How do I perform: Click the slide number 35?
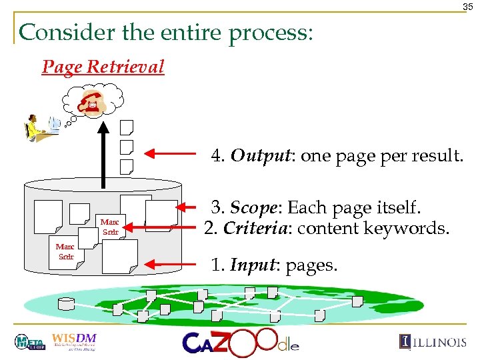(468, 7)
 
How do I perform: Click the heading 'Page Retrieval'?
(103, 67)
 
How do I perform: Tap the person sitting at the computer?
(33, 127)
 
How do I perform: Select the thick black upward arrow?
(103, 154)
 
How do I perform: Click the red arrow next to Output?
(171, 155)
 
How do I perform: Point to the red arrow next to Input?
(171, 264)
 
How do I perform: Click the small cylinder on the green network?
(67, 304)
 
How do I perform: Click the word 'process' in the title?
(268, 33)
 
